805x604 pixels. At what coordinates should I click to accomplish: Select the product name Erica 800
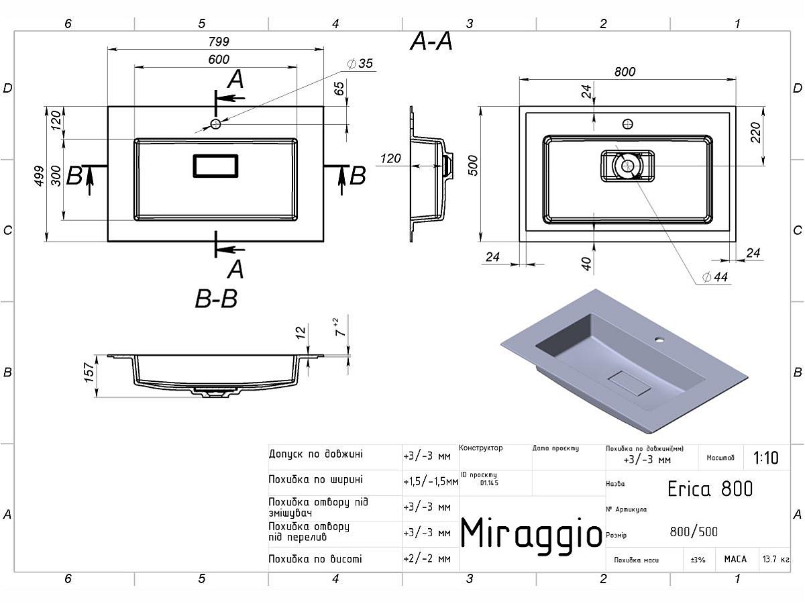(710, 488)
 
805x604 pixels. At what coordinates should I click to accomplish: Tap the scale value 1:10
(765, 458)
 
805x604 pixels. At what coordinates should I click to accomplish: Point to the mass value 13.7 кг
(775, 559)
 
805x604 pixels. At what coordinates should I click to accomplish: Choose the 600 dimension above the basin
(219, 59)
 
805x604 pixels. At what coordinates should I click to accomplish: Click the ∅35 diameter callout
(360, 64)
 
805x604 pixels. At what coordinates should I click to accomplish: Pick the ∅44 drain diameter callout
(715, 276)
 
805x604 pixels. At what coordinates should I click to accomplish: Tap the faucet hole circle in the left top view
(215, 124)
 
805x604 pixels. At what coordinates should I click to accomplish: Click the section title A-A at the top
(431, 42)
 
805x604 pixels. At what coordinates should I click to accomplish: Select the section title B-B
(216, 299)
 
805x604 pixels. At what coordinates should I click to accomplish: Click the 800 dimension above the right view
(625, 72)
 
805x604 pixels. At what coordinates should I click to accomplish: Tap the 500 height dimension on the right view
(472, 165)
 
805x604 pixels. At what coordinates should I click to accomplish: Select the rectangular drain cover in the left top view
(215, 166)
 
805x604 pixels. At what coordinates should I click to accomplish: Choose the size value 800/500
(694, 532)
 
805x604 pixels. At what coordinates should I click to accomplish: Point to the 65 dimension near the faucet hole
(339, 88)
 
